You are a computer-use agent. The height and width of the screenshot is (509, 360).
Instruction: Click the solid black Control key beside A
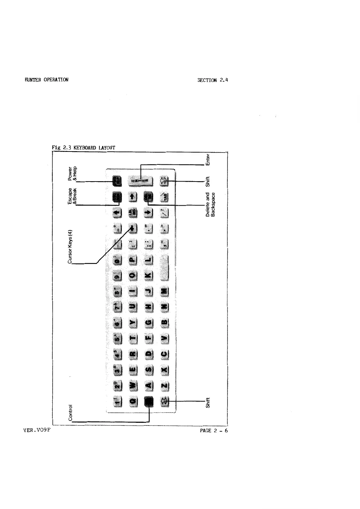click(149, 402)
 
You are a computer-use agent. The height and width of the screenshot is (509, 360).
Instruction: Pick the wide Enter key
click(141, 180)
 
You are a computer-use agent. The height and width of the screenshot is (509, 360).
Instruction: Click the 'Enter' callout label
click(208, 159)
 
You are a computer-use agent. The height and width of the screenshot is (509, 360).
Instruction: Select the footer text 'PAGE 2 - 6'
click(213, 430)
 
